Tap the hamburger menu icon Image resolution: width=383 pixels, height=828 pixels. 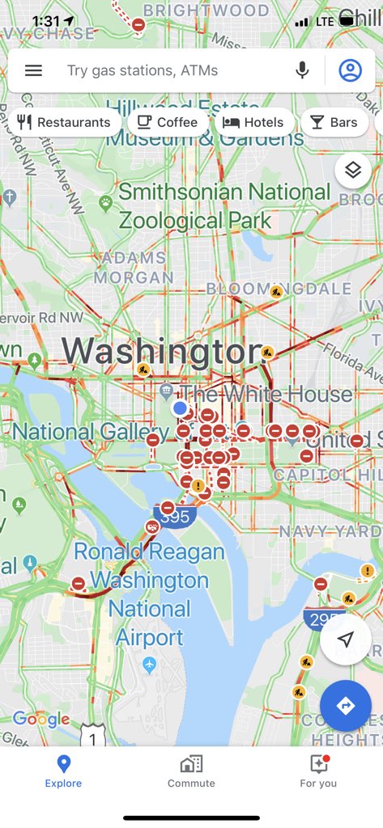coord(33,70)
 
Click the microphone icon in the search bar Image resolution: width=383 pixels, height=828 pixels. coord(302,70)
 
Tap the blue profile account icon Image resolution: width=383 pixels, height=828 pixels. coord(350,70)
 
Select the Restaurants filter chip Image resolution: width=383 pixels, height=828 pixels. coord(64,122)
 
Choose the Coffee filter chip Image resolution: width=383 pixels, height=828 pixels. coord(167,122)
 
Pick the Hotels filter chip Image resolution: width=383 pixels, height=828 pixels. coord(253,122)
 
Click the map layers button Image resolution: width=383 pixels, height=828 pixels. coord(352,170)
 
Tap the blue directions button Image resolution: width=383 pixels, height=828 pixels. coord(346,706)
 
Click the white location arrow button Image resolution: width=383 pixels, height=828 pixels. coord(346,640)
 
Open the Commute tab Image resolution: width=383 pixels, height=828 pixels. coord(191,771)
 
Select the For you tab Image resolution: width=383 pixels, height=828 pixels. coord(318,771)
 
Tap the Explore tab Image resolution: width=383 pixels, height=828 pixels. coord(63,771)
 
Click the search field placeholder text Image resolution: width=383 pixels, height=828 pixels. coord(143,70)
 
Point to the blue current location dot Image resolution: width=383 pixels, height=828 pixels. coord(180,408)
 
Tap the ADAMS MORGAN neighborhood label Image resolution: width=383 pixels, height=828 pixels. coord(133,268)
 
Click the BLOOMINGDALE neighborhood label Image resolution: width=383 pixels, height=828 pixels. coord(279,289)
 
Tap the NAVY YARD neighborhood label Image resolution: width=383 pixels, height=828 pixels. coord(329,531)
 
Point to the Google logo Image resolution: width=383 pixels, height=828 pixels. coord(41,719)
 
